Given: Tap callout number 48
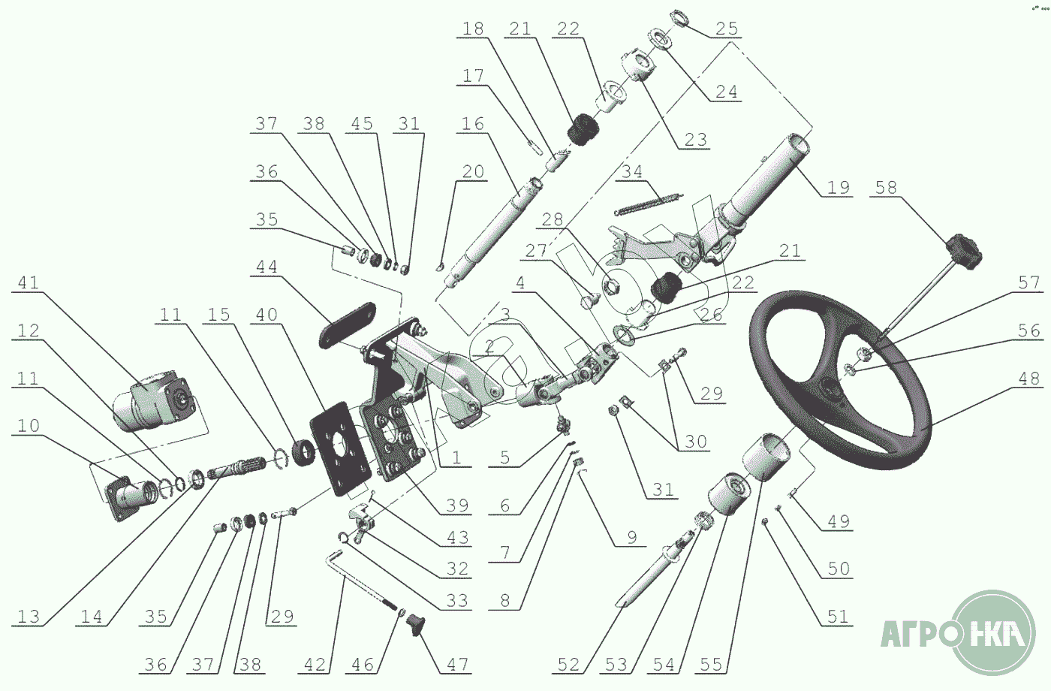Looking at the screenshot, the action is click(1029, 378).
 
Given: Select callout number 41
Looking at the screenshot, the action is click(29, 282).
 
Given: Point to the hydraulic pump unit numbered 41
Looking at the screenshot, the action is click(155, 400).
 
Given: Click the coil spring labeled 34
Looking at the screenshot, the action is click(649, 204).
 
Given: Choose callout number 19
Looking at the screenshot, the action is click(839, 187).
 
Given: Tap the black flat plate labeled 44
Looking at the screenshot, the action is click(348, 324).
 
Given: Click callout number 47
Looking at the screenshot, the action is click(457, 664).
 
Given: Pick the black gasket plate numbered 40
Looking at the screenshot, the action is click(341, 449).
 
